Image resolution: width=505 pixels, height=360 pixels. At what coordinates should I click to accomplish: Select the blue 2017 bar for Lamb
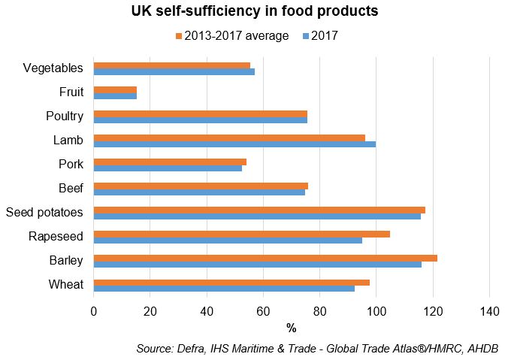[234, 144]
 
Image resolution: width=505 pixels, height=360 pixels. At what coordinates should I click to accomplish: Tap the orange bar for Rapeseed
[241, 234]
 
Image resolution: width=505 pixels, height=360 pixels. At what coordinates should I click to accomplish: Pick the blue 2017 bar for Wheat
[224, 289]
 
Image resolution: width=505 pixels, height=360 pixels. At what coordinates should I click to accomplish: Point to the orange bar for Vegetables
[172, 65]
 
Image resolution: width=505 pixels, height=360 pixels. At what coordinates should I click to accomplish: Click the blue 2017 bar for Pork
[168, 168]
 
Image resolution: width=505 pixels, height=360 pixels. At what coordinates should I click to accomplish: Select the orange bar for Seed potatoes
[259, 210]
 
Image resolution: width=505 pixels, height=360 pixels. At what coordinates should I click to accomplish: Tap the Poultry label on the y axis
[64, 116]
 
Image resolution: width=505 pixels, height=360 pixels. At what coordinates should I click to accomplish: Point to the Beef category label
[70, 189]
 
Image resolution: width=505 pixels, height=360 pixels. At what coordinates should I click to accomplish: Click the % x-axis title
[291, 328]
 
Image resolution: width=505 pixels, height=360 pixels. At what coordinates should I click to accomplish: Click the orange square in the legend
[178, 36]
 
